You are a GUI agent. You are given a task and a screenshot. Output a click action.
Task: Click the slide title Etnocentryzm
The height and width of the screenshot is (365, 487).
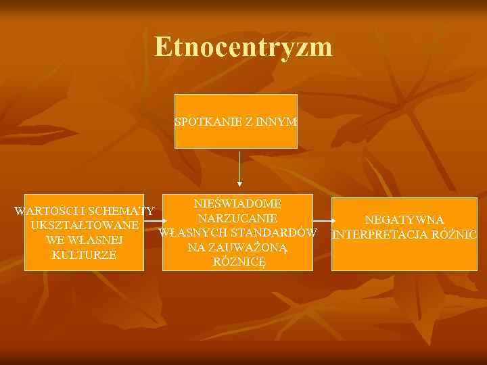[x=243, y=47]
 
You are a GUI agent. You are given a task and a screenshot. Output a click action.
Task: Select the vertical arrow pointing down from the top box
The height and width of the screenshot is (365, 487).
[x=239, y=169]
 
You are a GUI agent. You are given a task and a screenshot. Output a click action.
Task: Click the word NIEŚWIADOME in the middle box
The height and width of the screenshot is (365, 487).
[x=237, y=203]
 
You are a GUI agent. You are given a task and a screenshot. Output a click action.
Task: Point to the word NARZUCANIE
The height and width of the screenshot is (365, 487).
[x=237, y=218]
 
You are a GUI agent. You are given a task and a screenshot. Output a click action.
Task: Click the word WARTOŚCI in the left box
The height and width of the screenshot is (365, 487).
[x=45, y=210]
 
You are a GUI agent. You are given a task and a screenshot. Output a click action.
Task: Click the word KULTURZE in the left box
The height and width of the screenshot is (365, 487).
[x=84, y=255]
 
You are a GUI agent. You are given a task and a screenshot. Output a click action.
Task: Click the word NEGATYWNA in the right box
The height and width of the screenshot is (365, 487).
[x=404, y=220]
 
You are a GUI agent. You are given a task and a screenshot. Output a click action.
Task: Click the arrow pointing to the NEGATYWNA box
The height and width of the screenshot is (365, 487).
[x=323, y=221]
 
